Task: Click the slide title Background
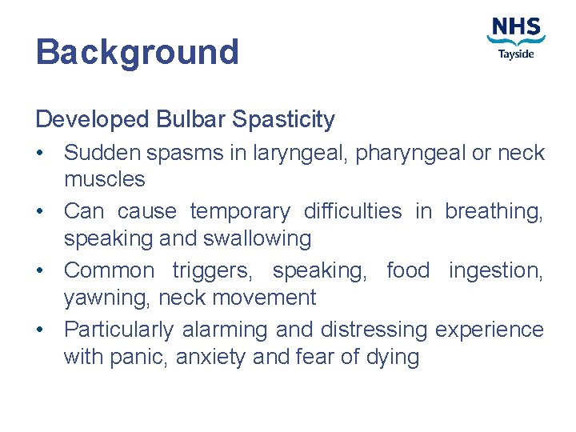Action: [x=137, y=53]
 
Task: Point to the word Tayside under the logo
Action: [x=516, y=54]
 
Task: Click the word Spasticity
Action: [x=283, y=120]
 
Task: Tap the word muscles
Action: [x=105, y=179]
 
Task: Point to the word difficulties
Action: [x=353, y=211]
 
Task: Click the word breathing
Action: [x=494, y=211]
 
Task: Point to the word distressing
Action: [x=374, y=330]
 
